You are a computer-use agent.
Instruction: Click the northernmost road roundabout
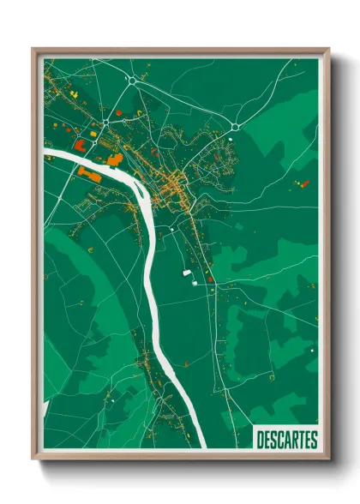tap(132, 81)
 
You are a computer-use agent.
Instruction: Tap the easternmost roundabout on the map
tap(234, 128)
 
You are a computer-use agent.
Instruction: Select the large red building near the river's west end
tap(80, 145)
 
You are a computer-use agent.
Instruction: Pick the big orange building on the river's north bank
tap(114, 159)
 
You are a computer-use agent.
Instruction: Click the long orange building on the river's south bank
tap(88, 172)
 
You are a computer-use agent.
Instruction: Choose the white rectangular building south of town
tap(186, 273)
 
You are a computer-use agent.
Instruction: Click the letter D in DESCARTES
tap(261, 441)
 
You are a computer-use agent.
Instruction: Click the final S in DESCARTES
tap(315, 441)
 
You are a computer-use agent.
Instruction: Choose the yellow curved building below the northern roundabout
tap(137, 112)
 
